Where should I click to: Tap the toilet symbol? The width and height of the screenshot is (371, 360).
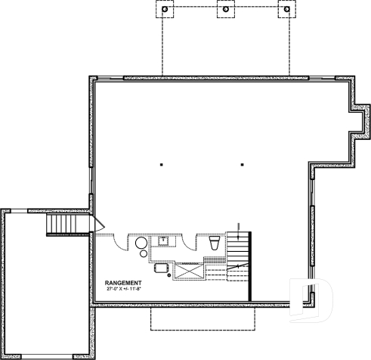(214, 243)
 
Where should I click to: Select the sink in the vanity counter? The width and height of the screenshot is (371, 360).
(163, 241)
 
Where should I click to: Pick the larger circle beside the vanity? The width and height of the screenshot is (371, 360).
(141, 243)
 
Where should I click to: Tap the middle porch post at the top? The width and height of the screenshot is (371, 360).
(225, 11)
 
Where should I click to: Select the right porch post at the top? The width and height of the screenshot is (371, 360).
(285, 11)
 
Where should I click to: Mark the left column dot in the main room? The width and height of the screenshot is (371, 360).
(162, 164)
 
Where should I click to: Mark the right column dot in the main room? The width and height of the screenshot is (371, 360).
(242, 164)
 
